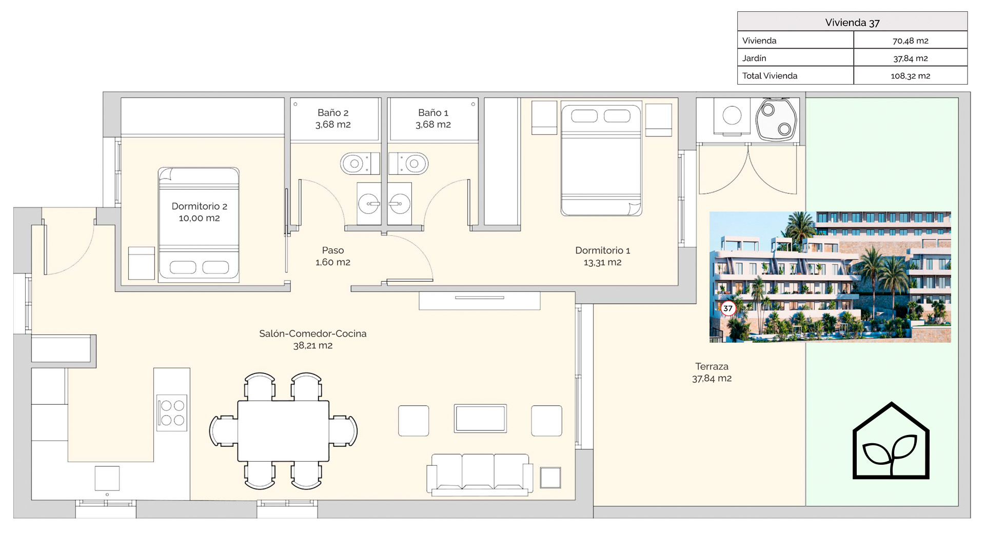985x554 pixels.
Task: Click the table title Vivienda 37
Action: (x=852, y=23)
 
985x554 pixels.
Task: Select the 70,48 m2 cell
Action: (x=911, y=41)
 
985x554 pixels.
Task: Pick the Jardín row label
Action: (x=754, y=58)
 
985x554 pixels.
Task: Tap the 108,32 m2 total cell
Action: (x=911, y=76)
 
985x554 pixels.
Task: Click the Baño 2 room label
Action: (x=333, y=118)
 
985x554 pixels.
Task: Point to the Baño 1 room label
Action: (x=434, y=118)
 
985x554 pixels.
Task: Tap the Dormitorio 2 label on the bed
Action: (x=199, y=212)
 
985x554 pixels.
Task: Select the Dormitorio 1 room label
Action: (x=603, y=256)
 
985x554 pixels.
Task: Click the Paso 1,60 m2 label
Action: (x=333, y=256)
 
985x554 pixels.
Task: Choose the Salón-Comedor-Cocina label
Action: (x=313, y=339)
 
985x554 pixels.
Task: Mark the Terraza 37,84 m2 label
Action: (x=712, y=372)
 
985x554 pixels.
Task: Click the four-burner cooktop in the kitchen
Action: (x=172, y=413)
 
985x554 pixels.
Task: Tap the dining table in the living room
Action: (x=283, y=431)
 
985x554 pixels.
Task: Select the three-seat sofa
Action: (x=480, y=474)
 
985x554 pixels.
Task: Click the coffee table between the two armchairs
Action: (x=480, y=419)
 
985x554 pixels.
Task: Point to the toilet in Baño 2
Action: (x=360, y=164)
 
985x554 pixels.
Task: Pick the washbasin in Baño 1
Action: (x=400, y=204)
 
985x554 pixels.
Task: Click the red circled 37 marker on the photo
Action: (x=728, y=308)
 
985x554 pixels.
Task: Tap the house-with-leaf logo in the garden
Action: (x=891, y=441)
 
